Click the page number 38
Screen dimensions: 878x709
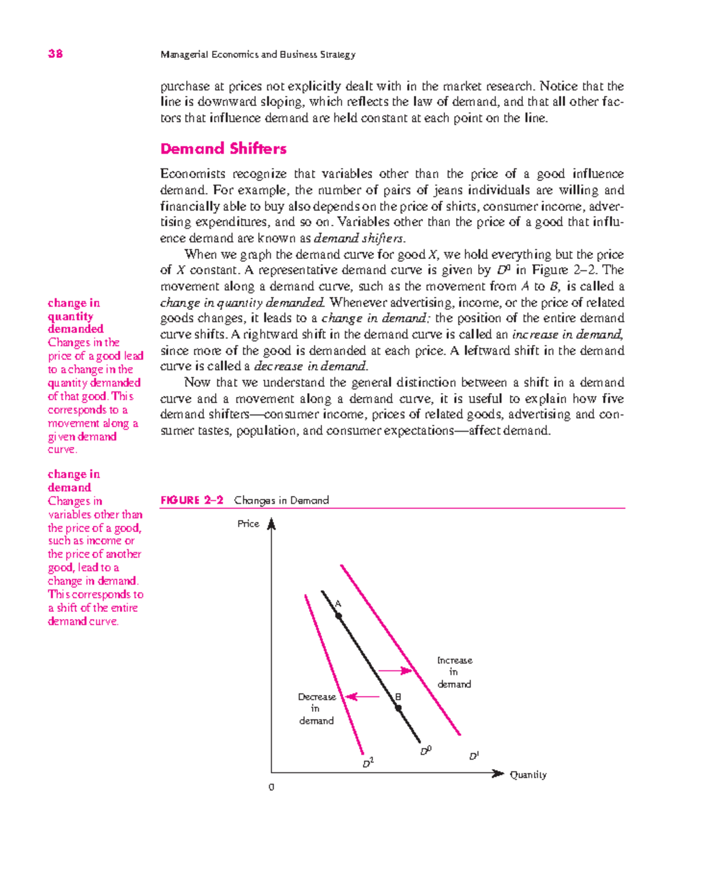(x=56, y=54)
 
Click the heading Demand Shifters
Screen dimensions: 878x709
(x=223, y=148)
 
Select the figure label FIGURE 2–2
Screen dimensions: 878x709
(x=191, y=500)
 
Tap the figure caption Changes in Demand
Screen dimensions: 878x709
(x=281, y=500)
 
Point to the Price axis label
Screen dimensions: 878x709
(x=248, y=524)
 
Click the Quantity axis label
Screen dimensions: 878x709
(x=528, y=775)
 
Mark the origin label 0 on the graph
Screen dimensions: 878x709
(x=271, y=788)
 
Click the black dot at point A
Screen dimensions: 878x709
(x=339, y=616)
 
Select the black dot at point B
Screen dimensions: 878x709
(x=398, y=708)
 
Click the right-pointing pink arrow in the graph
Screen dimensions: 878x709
(x=395, y=670)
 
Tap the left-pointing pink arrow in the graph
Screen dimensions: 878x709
(x=362, y=696)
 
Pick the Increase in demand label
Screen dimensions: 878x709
(x=454, y=672)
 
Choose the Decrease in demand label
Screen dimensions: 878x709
(x=317, y=709)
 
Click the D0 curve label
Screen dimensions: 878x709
(x=425, y=751)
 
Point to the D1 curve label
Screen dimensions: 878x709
(x=474, y=756)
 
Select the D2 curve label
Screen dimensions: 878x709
(x=367, y=763)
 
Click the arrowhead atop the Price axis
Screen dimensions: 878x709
(x=271, y=524)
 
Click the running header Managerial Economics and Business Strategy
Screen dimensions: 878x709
(x=258, y=54)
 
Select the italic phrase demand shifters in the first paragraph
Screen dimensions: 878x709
(x=359, y=239)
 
